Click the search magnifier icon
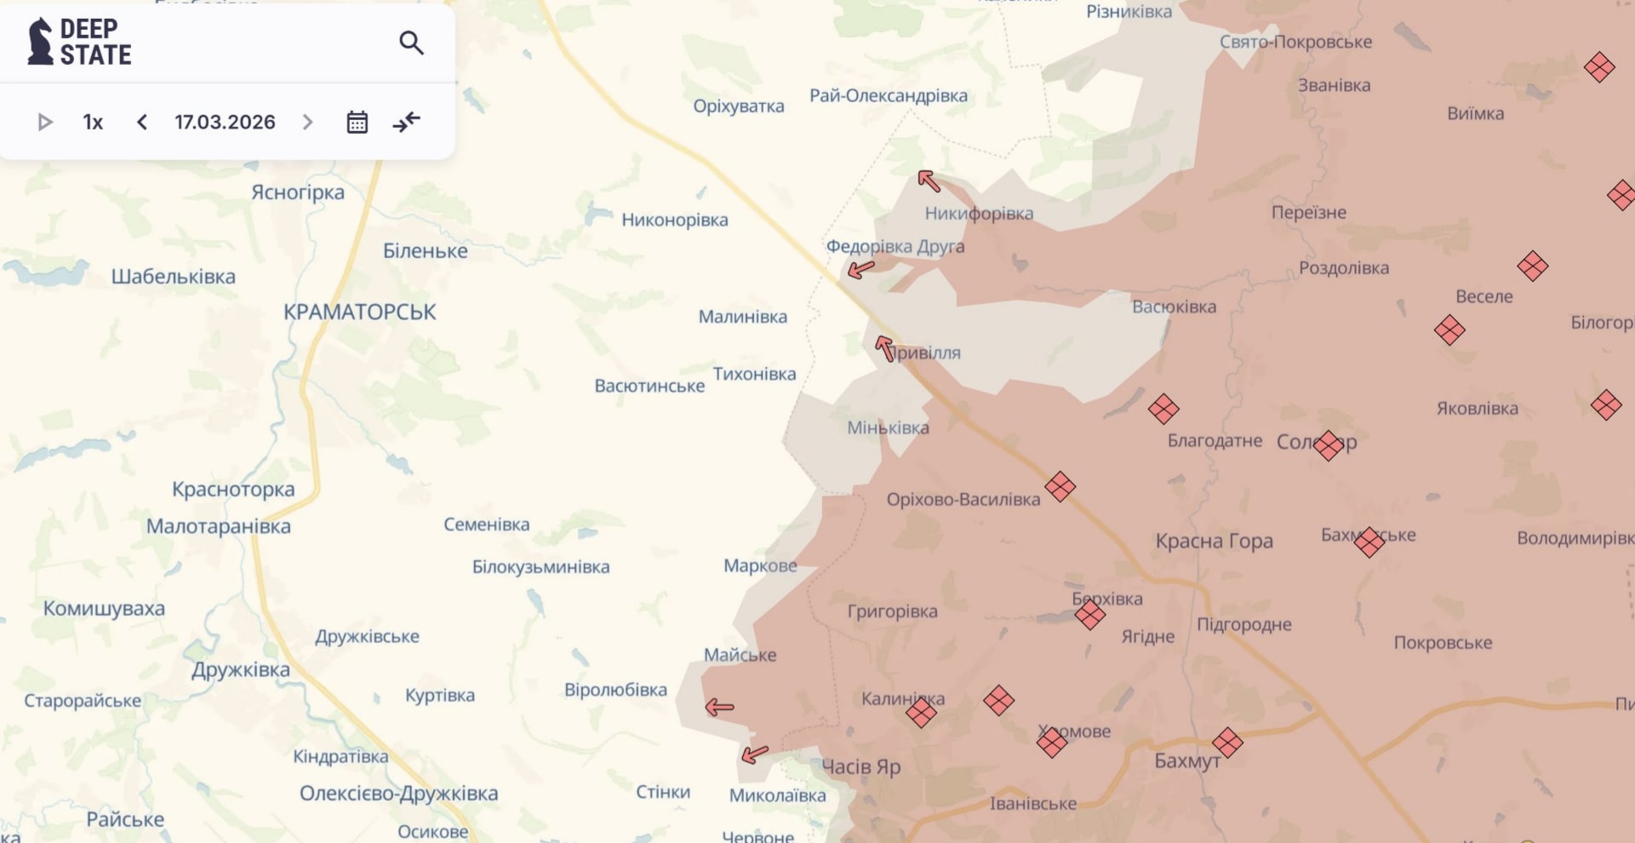point(411,43)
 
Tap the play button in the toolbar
point(45,123)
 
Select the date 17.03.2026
point(225,123)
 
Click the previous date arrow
point(142,123)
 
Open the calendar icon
point(357,123)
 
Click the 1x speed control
point(93,123)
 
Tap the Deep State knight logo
point(39,41)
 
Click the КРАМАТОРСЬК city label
point(359,313)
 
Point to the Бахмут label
point(1186,761)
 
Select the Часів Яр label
point(860,767)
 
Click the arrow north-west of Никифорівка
point(929,181)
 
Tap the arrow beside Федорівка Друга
point(860,270)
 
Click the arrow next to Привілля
point(885,347)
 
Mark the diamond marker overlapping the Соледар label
point(1328,444)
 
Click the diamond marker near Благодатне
point(1163,410)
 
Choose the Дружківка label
point(240,670)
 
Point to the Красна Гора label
point(1214,542)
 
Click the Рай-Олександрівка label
point(888,96)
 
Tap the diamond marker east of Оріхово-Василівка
point(1060,487)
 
